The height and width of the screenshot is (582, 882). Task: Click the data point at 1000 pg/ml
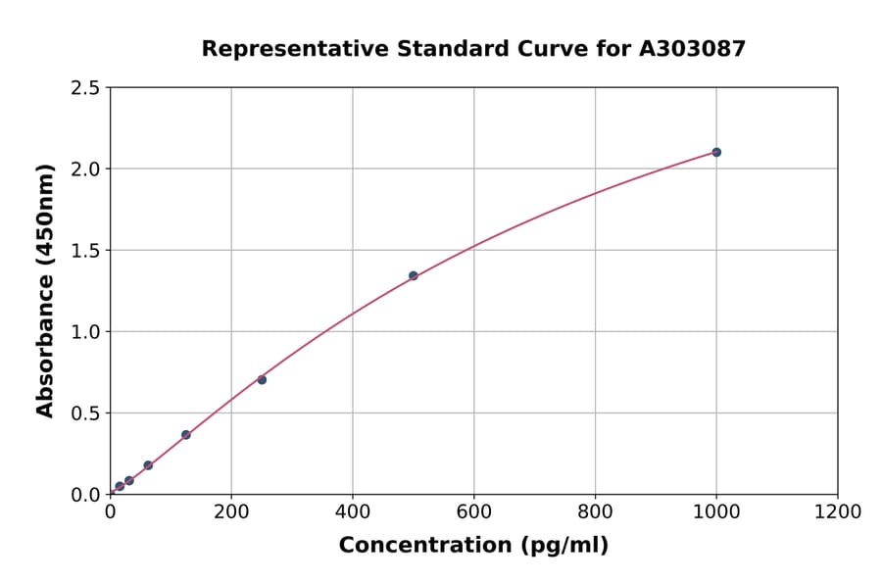[x=716, y=152]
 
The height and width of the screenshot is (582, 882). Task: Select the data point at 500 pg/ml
[x=414, y=275]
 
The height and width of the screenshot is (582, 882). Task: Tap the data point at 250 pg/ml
[x=262, y=379]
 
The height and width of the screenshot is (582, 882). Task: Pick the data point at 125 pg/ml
[x=186, y=434]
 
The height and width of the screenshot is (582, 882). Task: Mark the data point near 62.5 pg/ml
[x=148, y=465]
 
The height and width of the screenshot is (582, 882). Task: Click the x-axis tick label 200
[x=231, y=511]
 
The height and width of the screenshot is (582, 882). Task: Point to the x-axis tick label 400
[x=353, y=511]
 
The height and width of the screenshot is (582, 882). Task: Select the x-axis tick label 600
[x=473, y=511]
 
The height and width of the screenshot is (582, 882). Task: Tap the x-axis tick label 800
[x=595, y=511]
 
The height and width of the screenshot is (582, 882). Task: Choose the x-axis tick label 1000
[x=716, y=511]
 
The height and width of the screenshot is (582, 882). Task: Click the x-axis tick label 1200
[x=838, y=511]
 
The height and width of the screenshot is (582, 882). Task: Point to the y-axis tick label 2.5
[x=85, y=88]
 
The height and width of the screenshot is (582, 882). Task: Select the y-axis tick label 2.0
[x=85, y=170]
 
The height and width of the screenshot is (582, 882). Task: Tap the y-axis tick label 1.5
[x=85, y=251]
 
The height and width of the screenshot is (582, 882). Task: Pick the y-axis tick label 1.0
[x=85, y=332]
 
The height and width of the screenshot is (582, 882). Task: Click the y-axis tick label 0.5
[x=85, y=413]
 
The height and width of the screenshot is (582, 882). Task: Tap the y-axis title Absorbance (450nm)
[x=45, y=290]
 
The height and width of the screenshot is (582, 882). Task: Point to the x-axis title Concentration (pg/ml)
[x=473, y=546]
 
